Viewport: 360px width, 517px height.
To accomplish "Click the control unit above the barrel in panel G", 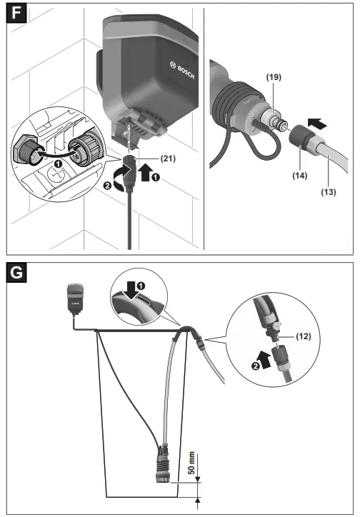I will click(75, 298).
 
